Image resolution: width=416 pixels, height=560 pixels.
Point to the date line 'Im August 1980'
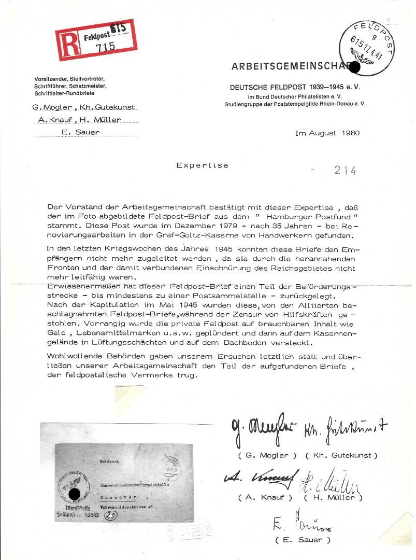[x=327, y=133]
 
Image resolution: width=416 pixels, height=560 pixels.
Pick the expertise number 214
[x=345, y=170]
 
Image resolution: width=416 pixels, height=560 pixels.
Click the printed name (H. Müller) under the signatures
[x=333, y=498]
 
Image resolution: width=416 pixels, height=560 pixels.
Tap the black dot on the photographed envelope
[x=75, y=494]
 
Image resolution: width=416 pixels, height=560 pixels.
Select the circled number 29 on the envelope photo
[x=111, y=515]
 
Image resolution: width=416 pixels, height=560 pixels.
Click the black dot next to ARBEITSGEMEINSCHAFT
[x=355, y=66]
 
